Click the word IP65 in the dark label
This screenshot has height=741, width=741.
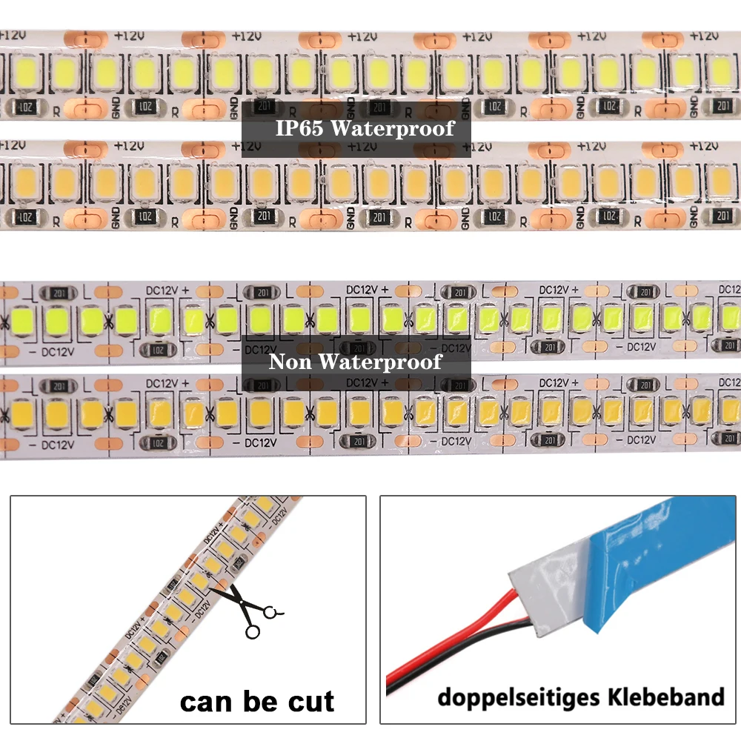click(x=299, y=128)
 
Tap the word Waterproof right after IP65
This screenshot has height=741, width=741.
click(x=392, y=128)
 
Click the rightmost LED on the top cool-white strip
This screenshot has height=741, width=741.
click(x=718, y=70)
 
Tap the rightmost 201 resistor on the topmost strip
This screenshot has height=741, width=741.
click(x=721, y=107)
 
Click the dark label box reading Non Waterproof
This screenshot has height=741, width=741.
click(x=356, y=362)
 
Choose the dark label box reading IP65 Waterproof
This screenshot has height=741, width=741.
click(x=356, y=128)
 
